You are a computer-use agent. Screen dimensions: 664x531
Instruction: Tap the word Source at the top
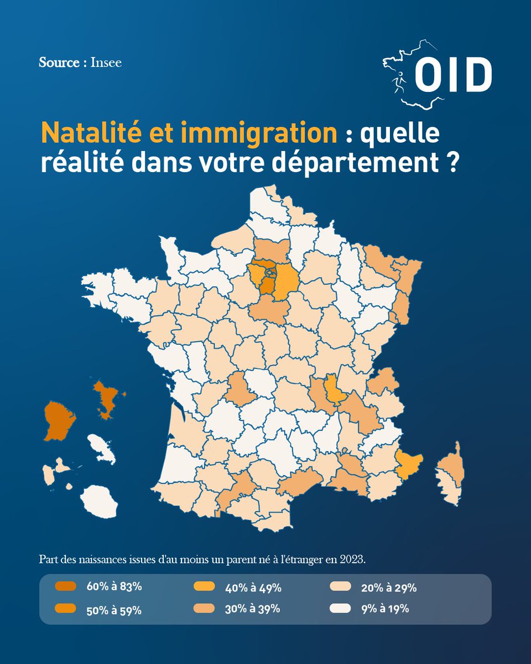59,63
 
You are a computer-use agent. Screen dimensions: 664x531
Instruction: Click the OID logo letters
452,75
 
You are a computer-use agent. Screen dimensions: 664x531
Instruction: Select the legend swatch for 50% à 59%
66,609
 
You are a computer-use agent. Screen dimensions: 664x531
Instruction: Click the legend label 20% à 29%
389,588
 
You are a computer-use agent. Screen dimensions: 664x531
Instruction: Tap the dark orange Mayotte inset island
108,396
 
